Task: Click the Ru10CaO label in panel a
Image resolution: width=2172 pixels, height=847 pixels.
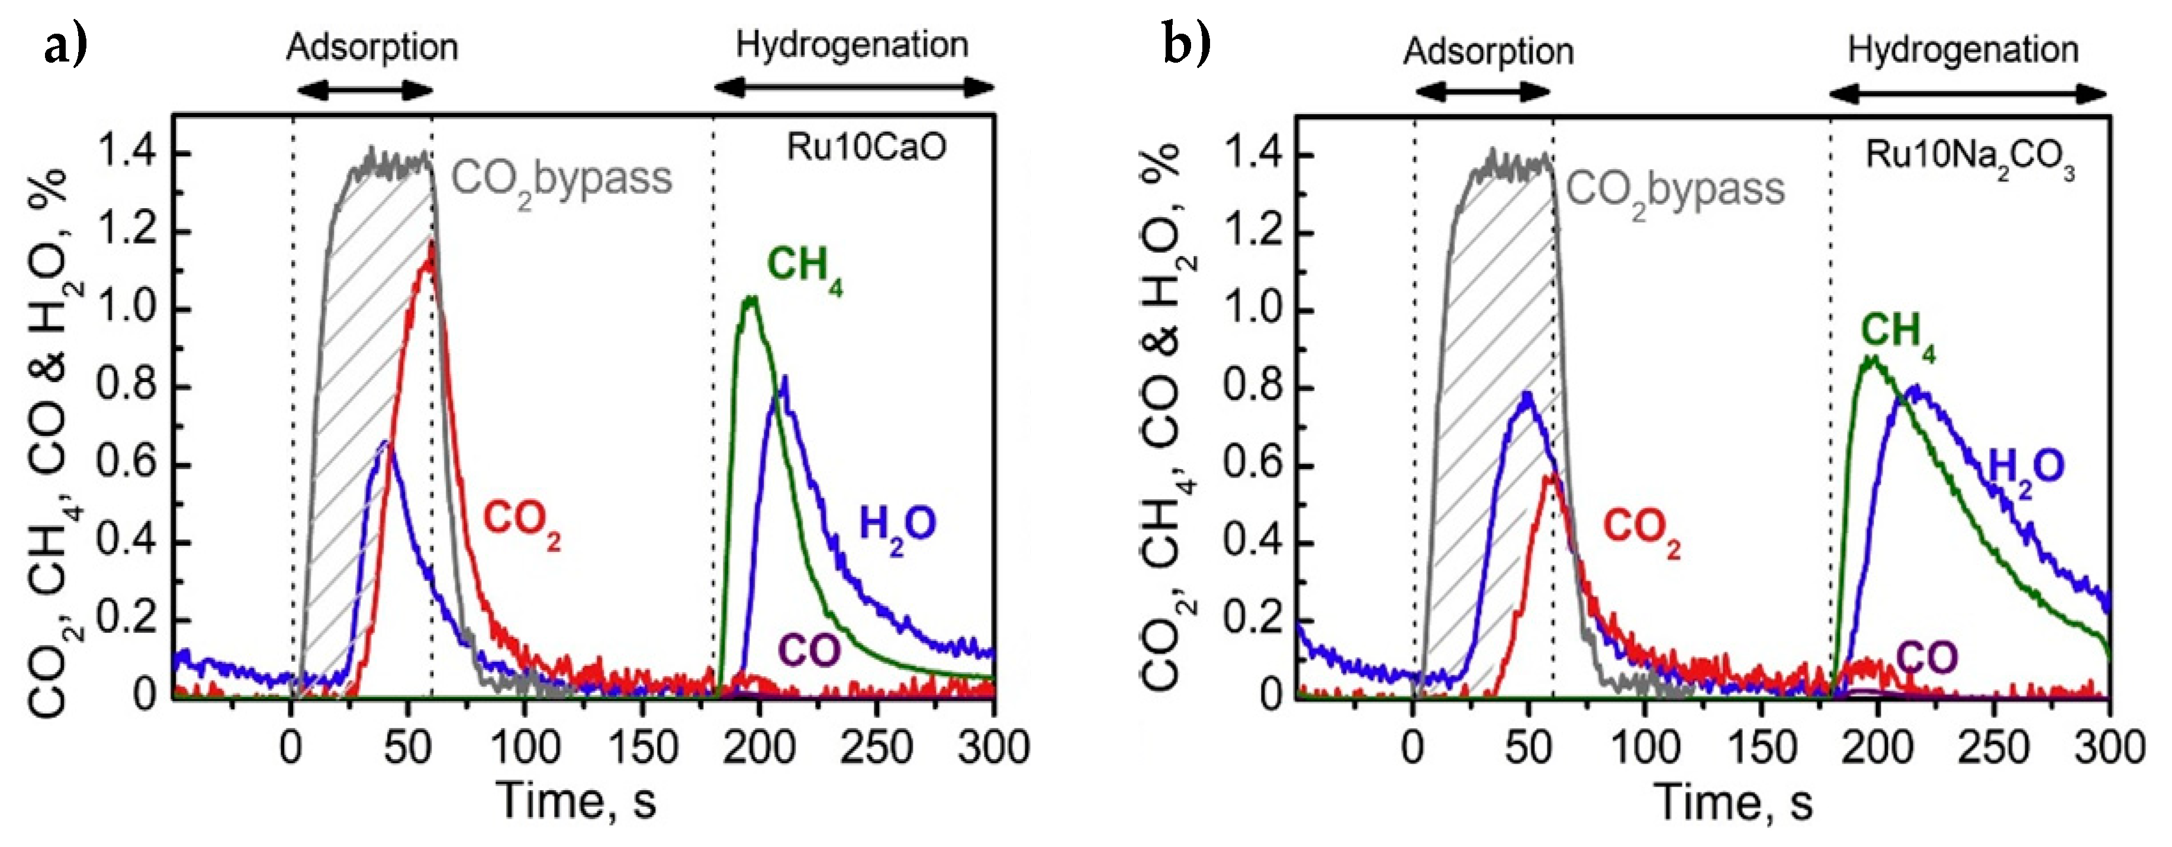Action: click(866, 147)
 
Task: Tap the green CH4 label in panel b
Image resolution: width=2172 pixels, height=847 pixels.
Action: click(1897, 332)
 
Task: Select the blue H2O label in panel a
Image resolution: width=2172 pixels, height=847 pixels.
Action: click(896, 526)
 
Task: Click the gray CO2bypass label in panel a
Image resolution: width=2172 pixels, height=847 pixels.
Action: click(561, 179)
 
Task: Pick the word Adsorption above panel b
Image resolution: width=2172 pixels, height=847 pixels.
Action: click(1488, 51)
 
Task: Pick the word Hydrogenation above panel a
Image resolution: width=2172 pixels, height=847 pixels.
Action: click(852, 45)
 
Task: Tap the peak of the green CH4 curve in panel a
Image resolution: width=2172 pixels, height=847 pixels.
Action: click(749, 299)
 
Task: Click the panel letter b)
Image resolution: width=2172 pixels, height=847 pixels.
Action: click(1186, 44)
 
